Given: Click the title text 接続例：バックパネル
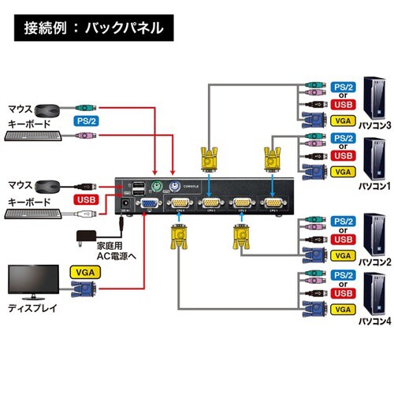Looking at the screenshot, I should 94,29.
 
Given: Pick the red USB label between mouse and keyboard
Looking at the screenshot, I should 87,199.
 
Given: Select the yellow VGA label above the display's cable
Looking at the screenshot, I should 86,270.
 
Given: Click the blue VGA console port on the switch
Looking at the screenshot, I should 147,204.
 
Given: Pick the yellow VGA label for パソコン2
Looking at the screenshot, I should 343,256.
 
